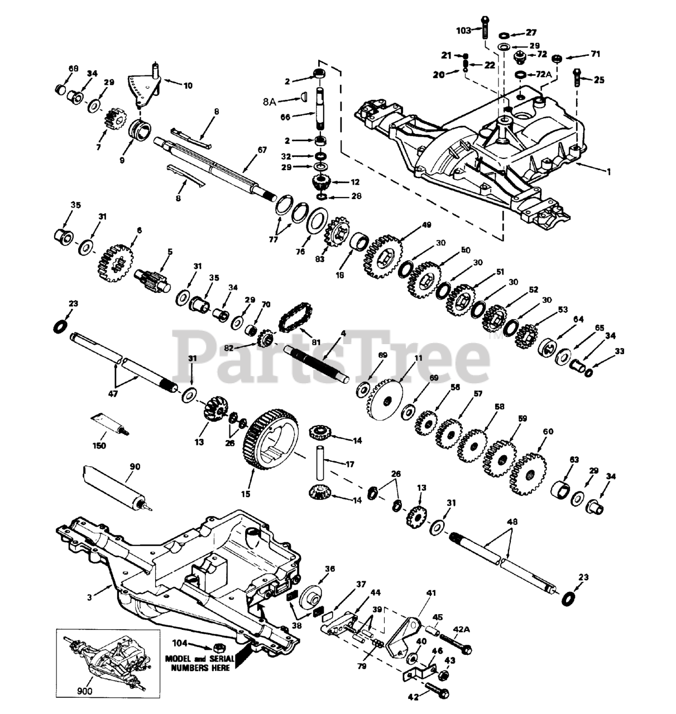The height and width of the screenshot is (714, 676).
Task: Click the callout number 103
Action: (x=463, y=31)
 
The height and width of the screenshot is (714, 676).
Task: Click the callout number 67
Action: (x=262, y=150)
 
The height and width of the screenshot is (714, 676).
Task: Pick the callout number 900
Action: (x=84, y=691)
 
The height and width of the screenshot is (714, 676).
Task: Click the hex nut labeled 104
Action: (x=217, y=648)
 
